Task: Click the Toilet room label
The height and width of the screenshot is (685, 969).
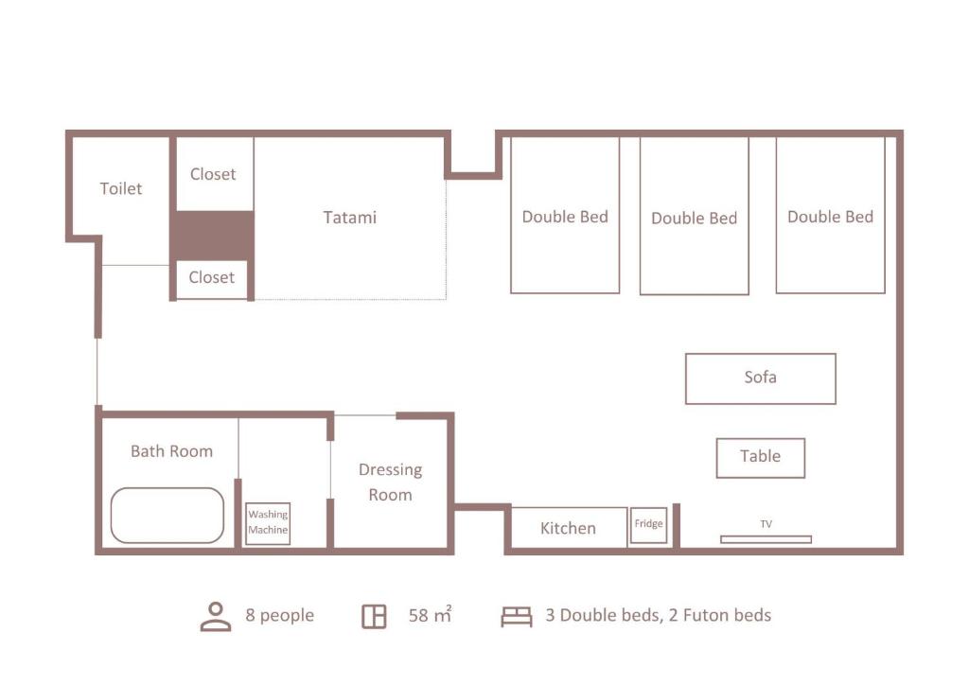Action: (121, 188)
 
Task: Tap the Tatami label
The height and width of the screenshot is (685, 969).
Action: (350, 218)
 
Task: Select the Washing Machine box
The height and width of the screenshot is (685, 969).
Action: (268, 523)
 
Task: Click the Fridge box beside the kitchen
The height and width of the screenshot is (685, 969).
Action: (648, 525)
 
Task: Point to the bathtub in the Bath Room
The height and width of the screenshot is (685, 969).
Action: (167, 516)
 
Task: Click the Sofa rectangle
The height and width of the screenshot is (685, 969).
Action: (761, 378)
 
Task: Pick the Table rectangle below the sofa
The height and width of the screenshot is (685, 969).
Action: (761, 458)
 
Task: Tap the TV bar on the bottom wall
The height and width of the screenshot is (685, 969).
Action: (766, 539)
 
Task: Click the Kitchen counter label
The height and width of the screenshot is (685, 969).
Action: (568, 528)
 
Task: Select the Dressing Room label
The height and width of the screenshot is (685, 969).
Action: (391, 483)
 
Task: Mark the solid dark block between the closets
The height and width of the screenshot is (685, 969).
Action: (212, 236)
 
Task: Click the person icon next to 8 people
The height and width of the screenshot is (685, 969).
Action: (216, 617)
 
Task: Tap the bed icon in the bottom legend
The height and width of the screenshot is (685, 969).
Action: (517, 617)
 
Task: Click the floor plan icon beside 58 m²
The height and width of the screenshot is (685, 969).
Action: (374, 617)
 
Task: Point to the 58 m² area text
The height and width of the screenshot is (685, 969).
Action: (431, 615)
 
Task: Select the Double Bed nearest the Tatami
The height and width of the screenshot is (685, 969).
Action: (565, 215)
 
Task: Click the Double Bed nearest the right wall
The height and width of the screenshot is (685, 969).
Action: (831, 215)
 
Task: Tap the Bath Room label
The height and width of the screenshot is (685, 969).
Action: (172, 451)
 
